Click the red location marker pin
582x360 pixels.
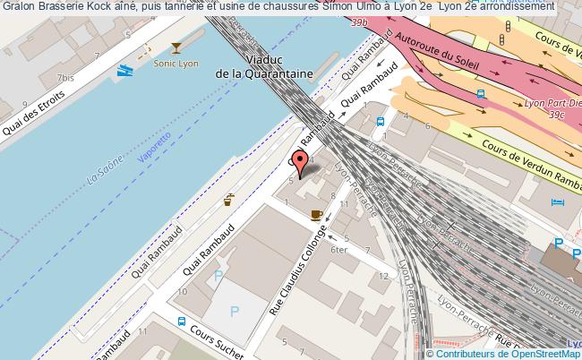303,162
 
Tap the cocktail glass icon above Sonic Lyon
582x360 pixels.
176,48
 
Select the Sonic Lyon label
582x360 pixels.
175,64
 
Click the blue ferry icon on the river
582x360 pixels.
124,68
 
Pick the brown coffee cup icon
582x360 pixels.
316,214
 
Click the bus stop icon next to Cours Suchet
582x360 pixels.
182,322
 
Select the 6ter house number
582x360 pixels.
338,250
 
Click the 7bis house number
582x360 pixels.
64,78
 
